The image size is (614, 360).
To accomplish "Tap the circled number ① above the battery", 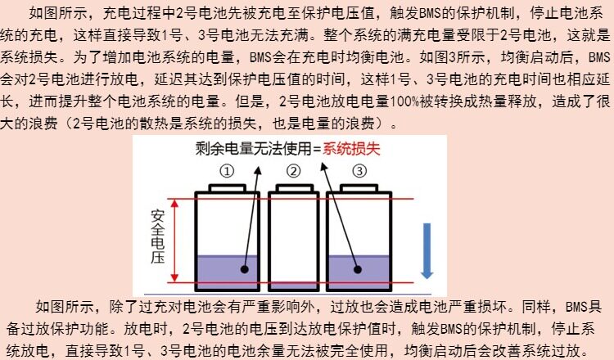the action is coord(227,171).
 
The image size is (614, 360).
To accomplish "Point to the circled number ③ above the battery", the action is coord(359,171).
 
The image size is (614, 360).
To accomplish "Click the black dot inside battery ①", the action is coord(245,268).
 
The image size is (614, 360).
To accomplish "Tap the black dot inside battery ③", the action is coord(357,268).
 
